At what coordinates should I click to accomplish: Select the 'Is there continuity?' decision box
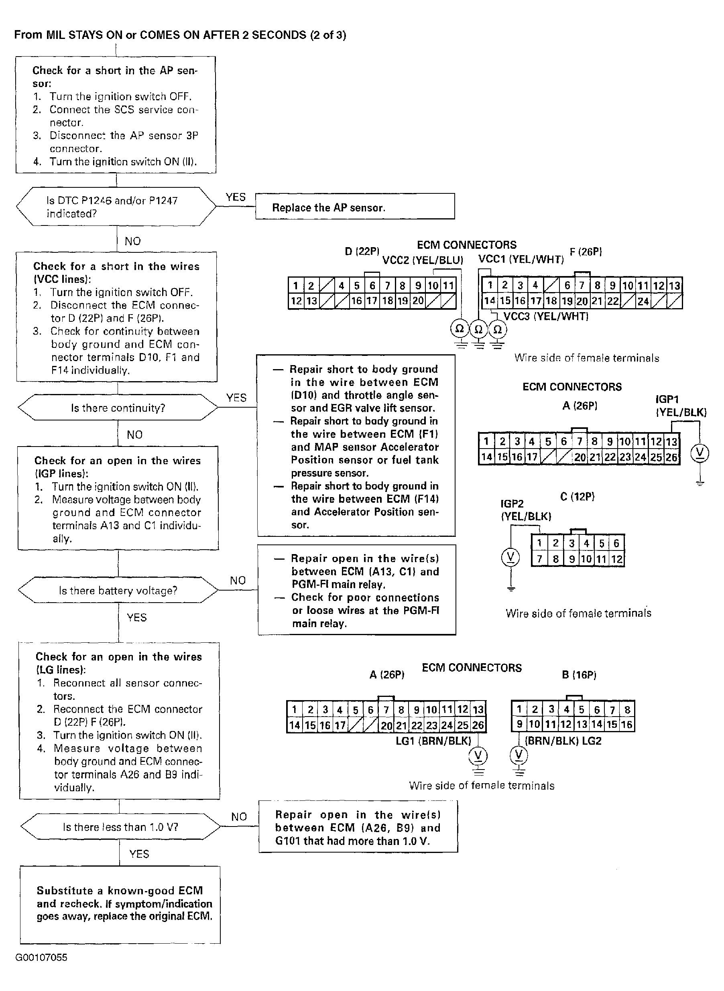tap(118, 408)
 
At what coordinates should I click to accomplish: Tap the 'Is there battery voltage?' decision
tap(118, 590)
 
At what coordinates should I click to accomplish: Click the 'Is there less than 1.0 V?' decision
tap(120, 827)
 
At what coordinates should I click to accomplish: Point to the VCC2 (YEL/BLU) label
tap(423, 260)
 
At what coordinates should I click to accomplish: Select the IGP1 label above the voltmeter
tap(667, 399)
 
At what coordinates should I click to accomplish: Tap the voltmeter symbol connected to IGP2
tap(510, 557)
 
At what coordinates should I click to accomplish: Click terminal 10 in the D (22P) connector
tap(433, 286)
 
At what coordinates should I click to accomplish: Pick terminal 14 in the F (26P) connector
tap(489, 301)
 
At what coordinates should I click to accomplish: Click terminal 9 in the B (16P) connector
tap(519, 724)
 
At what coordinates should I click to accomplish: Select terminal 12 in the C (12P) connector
tap(616, 559)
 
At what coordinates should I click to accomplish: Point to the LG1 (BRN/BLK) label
tap(433, 741)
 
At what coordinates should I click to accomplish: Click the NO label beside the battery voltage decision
tap(238, 581)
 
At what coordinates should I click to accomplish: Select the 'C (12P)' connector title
tap(577, 497)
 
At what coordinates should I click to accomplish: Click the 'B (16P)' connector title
tap(579, 675)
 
